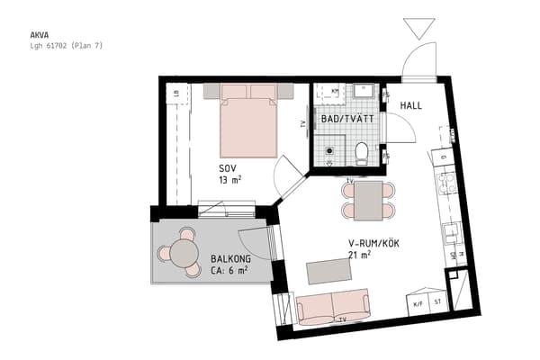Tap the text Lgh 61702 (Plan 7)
(x=67, y=45)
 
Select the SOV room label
(x=229, y=168)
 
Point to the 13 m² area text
(x=230, y=180)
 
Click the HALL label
(x=410, y=106)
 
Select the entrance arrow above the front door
(x=418, y=27)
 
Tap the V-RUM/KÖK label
(x=373, y=244)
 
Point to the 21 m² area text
(x=361, y=256)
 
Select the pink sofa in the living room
(x=333, y=308)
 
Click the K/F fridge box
(x=417, y=303)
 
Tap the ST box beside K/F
(x=438, y=303)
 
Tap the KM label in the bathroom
(x=334, y=91)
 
